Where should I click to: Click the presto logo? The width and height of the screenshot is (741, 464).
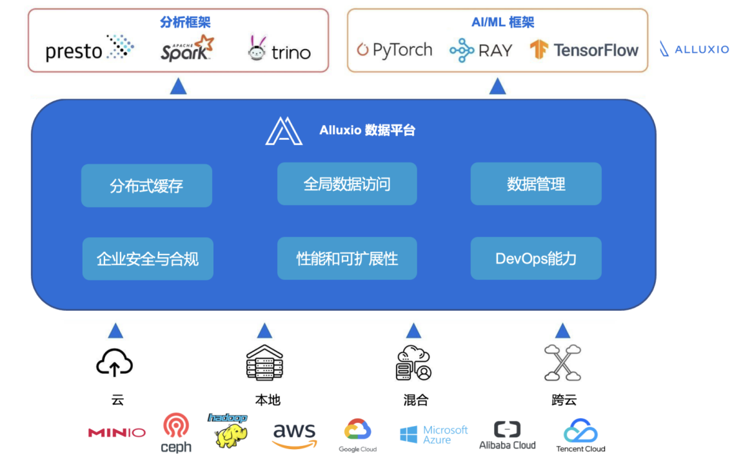(90, 49)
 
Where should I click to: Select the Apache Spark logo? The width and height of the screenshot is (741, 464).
(186, 49)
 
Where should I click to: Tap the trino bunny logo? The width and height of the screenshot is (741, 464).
(279, 50)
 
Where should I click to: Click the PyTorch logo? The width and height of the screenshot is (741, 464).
(394, 50)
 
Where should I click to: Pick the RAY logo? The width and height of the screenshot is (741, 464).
(480, 50)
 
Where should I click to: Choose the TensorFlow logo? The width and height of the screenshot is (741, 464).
(584, 50)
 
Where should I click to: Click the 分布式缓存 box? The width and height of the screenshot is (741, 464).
(146, 186)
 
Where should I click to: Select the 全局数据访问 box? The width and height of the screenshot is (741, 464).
(347, 184)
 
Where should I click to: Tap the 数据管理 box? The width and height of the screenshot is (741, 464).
(536, 184)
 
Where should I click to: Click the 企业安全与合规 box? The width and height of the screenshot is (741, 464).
(148, 259)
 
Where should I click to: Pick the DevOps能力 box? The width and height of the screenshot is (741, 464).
(536, 259)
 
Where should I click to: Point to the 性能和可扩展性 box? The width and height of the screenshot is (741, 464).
(347, 259)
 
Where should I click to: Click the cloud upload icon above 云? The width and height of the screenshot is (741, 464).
(115, 363)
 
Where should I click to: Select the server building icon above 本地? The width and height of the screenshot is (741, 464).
(264, 362)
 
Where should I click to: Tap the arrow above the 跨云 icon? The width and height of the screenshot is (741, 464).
(562, 331)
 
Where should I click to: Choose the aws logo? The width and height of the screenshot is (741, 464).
(295, 435)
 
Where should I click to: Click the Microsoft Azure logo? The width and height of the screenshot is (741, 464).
(433, 434)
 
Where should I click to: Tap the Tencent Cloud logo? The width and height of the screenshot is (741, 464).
(580, 436)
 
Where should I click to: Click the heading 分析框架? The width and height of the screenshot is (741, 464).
(185, 23)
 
